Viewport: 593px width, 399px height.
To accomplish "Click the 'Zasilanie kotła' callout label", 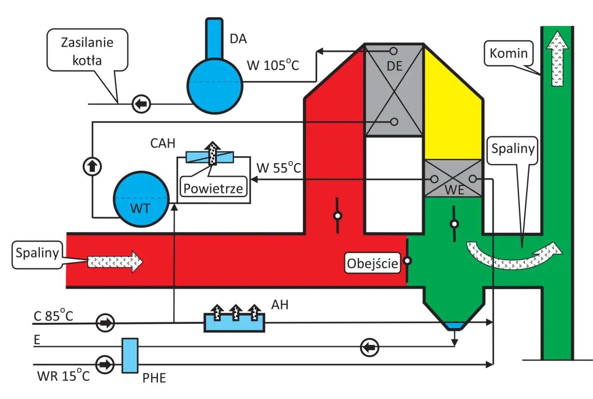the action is [x=88, y=51].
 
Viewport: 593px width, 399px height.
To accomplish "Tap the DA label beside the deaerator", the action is [x=238, y=39].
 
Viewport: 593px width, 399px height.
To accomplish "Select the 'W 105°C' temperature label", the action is [x=273, y=65].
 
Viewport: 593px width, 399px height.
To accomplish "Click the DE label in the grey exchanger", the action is [x=394, y=66].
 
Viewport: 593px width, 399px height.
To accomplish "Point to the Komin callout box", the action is [x=509, y=53].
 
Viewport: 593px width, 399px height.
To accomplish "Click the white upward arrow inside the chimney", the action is [x=557, y=58].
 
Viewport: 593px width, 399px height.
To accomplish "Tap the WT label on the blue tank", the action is [x=140, y=208].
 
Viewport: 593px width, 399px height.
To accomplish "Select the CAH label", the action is [x=163, y=143].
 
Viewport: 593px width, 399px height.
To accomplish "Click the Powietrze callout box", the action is [x=214, y=187].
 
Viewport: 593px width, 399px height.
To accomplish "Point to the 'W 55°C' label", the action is [x=279, y=167].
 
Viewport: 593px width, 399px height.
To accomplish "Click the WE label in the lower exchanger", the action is [x=454, y=190].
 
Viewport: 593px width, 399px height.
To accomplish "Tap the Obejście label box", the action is [x=372, y=263].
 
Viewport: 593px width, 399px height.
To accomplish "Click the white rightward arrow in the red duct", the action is [x=115, y=262].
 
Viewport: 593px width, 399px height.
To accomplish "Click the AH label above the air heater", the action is [x=280, y=305].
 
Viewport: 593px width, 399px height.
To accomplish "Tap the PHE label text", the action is [x=154, y=378].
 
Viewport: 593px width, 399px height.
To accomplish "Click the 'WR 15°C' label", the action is [x=63, y=375].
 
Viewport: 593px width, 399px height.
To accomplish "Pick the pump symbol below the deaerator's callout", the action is [x=141, y=104].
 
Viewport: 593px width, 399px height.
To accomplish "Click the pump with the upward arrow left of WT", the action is [x=92, y=167].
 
